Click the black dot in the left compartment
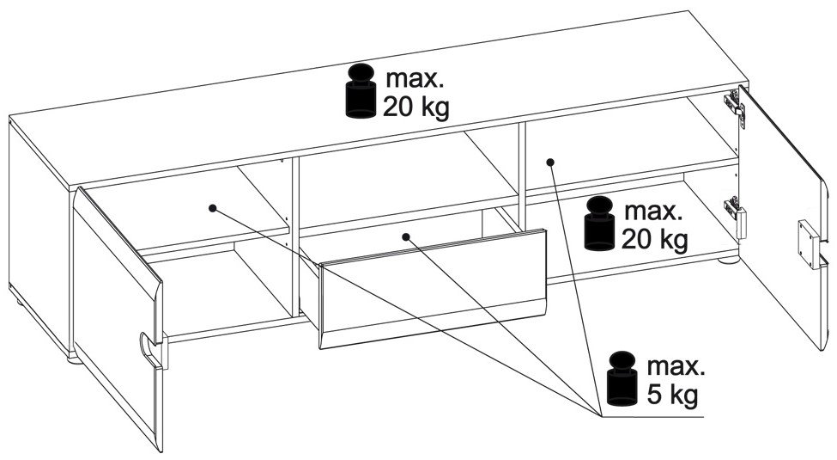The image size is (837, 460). point(211,207)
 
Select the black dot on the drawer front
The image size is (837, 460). point(405,235)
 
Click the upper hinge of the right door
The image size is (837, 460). point(731,103)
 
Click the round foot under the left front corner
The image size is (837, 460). point(73,356)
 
